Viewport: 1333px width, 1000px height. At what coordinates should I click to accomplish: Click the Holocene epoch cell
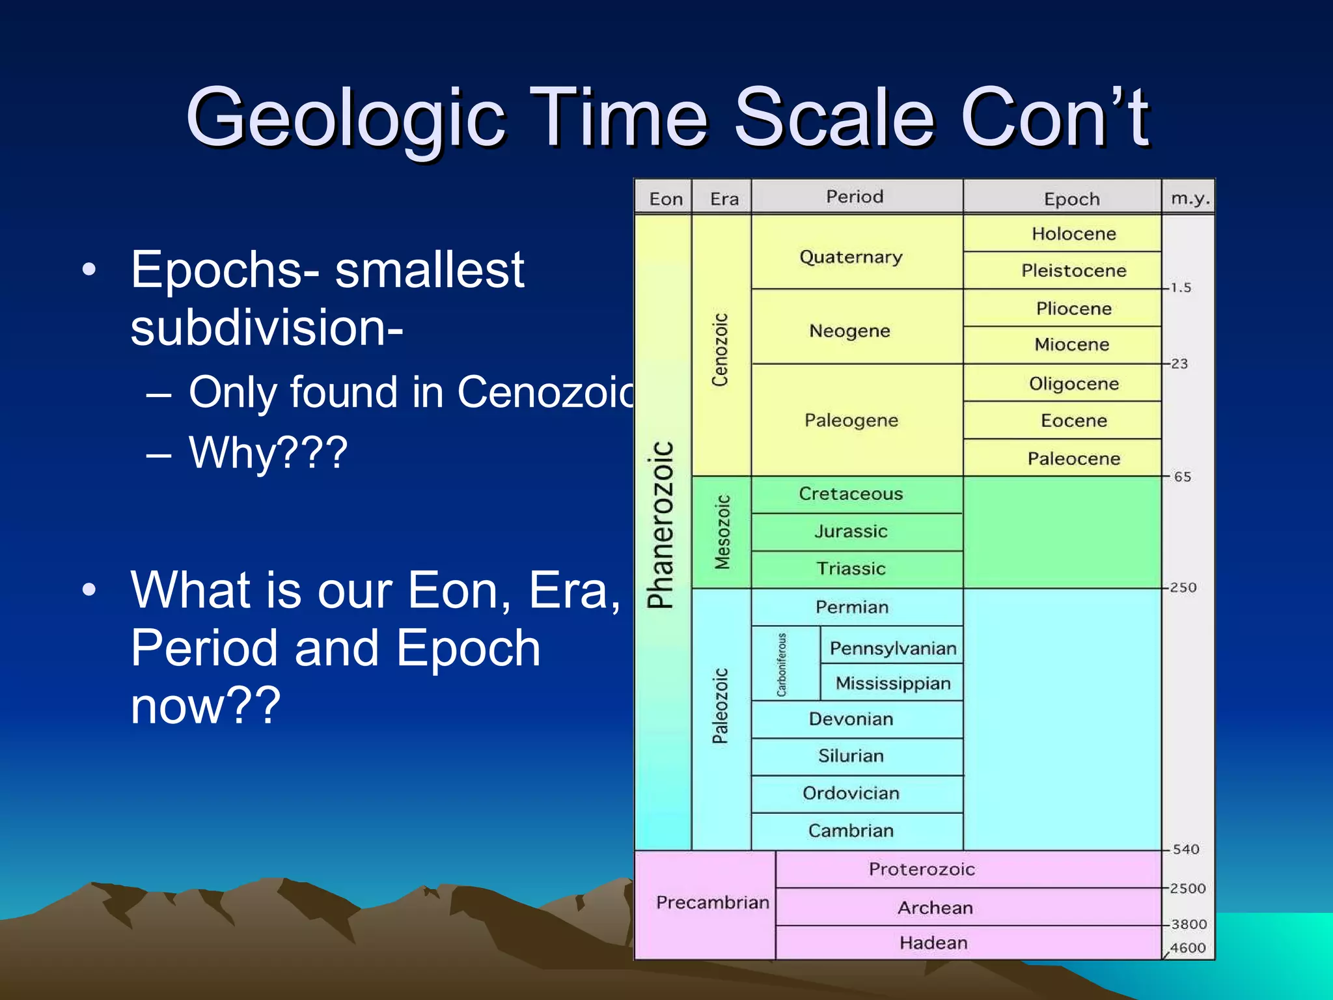pos(1073,234)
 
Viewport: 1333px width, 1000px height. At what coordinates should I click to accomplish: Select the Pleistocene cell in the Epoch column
pos(1073,271)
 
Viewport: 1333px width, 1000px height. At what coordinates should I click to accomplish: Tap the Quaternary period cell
pos(851,257)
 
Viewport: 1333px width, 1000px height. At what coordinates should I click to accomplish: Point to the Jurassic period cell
pos(851,532)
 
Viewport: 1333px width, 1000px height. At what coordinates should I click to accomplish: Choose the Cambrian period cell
pos(851,831)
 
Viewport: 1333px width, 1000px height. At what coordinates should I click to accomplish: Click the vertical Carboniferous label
pos(782,664)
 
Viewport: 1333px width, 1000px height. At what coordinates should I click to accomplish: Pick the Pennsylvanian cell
pos(892,648)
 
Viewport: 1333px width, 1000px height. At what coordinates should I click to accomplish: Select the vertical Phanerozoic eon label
pos(661,525)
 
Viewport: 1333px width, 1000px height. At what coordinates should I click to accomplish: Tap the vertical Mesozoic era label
pos(722,532)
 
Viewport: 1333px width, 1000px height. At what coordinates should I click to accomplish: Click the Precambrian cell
pos(712,902)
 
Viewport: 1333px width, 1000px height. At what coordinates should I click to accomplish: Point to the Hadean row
pos(933,943)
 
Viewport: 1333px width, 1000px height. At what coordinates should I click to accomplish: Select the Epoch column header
pos(1071,199)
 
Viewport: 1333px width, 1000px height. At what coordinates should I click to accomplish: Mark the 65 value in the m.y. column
pos(1183,477)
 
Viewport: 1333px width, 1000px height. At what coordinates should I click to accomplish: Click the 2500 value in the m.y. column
pos(1188,889)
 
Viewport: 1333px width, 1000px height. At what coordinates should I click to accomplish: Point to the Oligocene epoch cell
pos(1073,384)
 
